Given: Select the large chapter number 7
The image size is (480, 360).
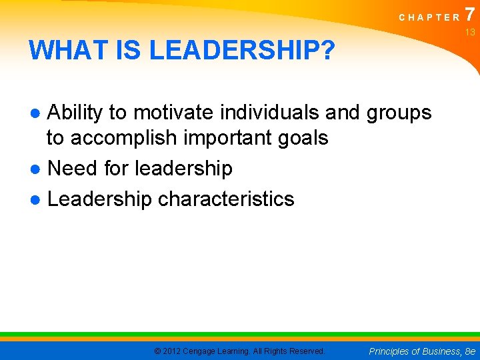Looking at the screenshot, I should click(x=471, y=13).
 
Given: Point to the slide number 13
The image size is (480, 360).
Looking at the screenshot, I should click(x=470, y=32).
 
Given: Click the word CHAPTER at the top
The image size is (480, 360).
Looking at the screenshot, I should click(x=429, y=17).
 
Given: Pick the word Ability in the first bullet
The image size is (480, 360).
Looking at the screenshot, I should click(x=75, y=113).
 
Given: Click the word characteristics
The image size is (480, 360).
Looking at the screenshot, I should click(x=225, y=198).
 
